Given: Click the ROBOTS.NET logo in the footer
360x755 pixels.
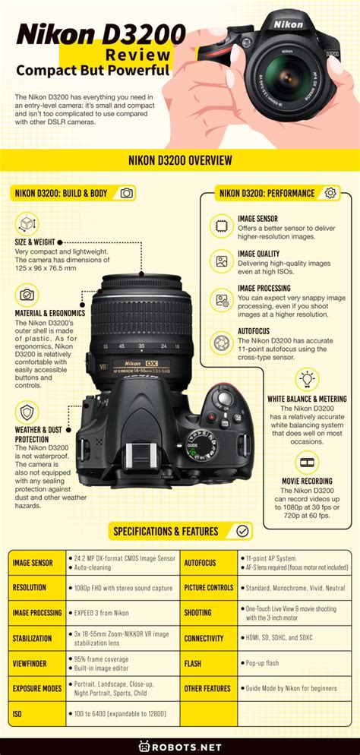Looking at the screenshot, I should [180, 745].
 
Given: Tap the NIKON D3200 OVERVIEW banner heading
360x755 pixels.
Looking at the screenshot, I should [180, 160].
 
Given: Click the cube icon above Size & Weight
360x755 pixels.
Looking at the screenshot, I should [27, 224].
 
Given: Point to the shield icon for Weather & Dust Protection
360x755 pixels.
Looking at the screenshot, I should [27, 413].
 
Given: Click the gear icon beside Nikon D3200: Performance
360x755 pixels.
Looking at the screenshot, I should [330, 193].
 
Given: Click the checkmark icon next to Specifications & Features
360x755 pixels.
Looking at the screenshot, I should [243, 531].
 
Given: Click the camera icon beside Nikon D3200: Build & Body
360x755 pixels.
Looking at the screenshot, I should [126, 193].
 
